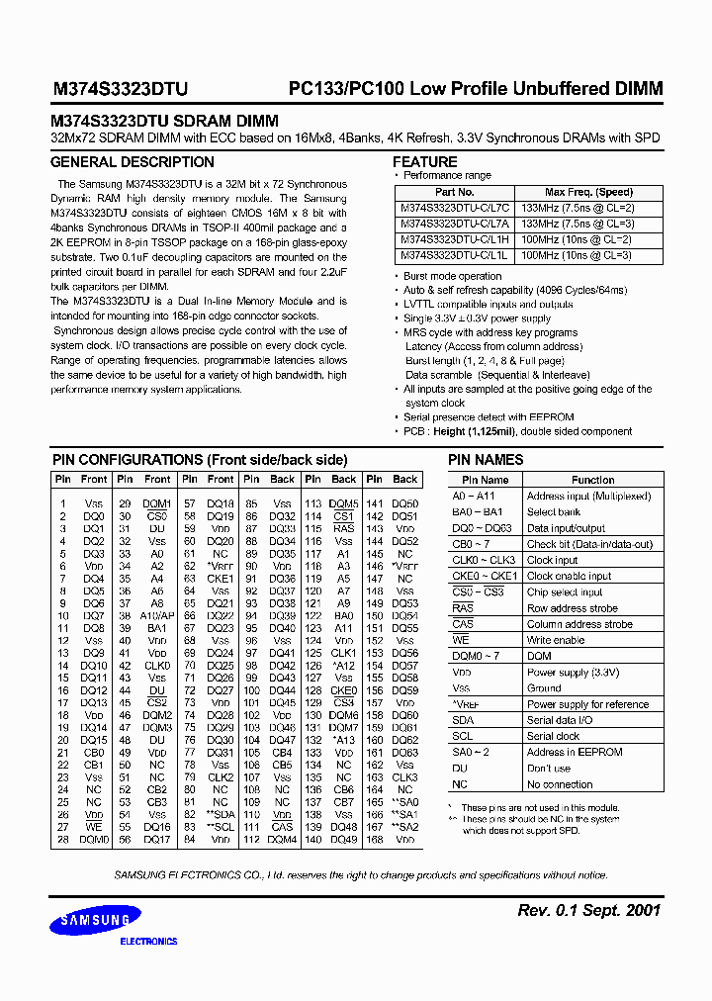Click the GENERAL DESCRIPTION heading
pos(132,162)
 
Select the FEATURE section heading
pos(425,162)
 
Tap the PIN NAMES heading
pos(486,460)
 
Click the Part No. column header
pos(455,192)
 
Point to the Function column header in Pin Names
pos(592,480)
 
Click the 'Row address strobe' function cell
pos(573,608)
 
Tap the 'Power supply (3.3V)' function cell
pos(573,673)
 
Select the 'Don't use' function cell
pos(549,769)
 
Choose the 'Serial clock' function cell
pos(553,737)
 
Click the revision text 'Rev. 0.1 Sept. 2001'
pos(588,910)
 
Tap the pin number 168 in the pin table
pos(375,840)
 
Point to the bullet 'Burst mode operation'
pos(452,276)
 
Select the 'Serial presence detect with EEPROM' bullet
pos(489,418)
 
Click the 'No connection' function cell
pos(560,784)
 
